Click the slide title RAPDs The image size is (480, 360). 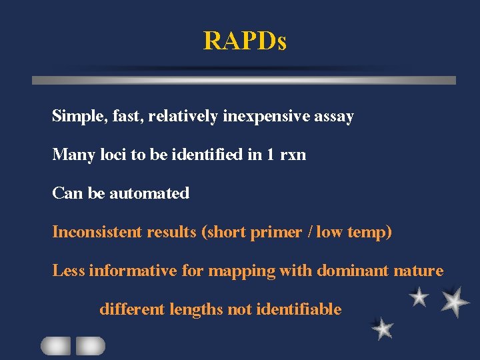tap(245, 41)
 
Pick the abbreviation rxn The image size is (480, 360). tap(293, 155)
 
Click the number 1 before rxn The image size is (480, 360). tap(270, 155)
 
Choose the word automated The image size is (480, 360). tap(149, 193)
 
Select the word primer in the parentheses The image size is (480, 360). tap(275, 233)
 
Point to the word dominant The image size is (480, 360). tap(348, 271)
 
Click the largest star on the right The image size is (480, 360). tap(454, 301)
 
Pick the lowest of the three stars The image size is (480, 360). tap(382, 328)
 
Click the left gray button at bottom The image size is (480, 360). tap(56, 345)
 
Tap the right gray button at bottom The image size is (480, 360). tap(90, 345)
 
